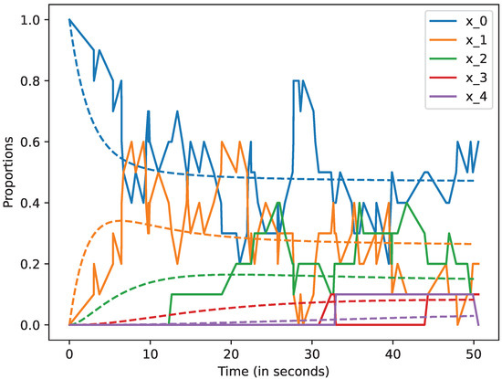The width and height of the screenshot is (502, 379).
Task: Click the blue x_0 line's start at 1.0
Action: pos(69,19)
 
